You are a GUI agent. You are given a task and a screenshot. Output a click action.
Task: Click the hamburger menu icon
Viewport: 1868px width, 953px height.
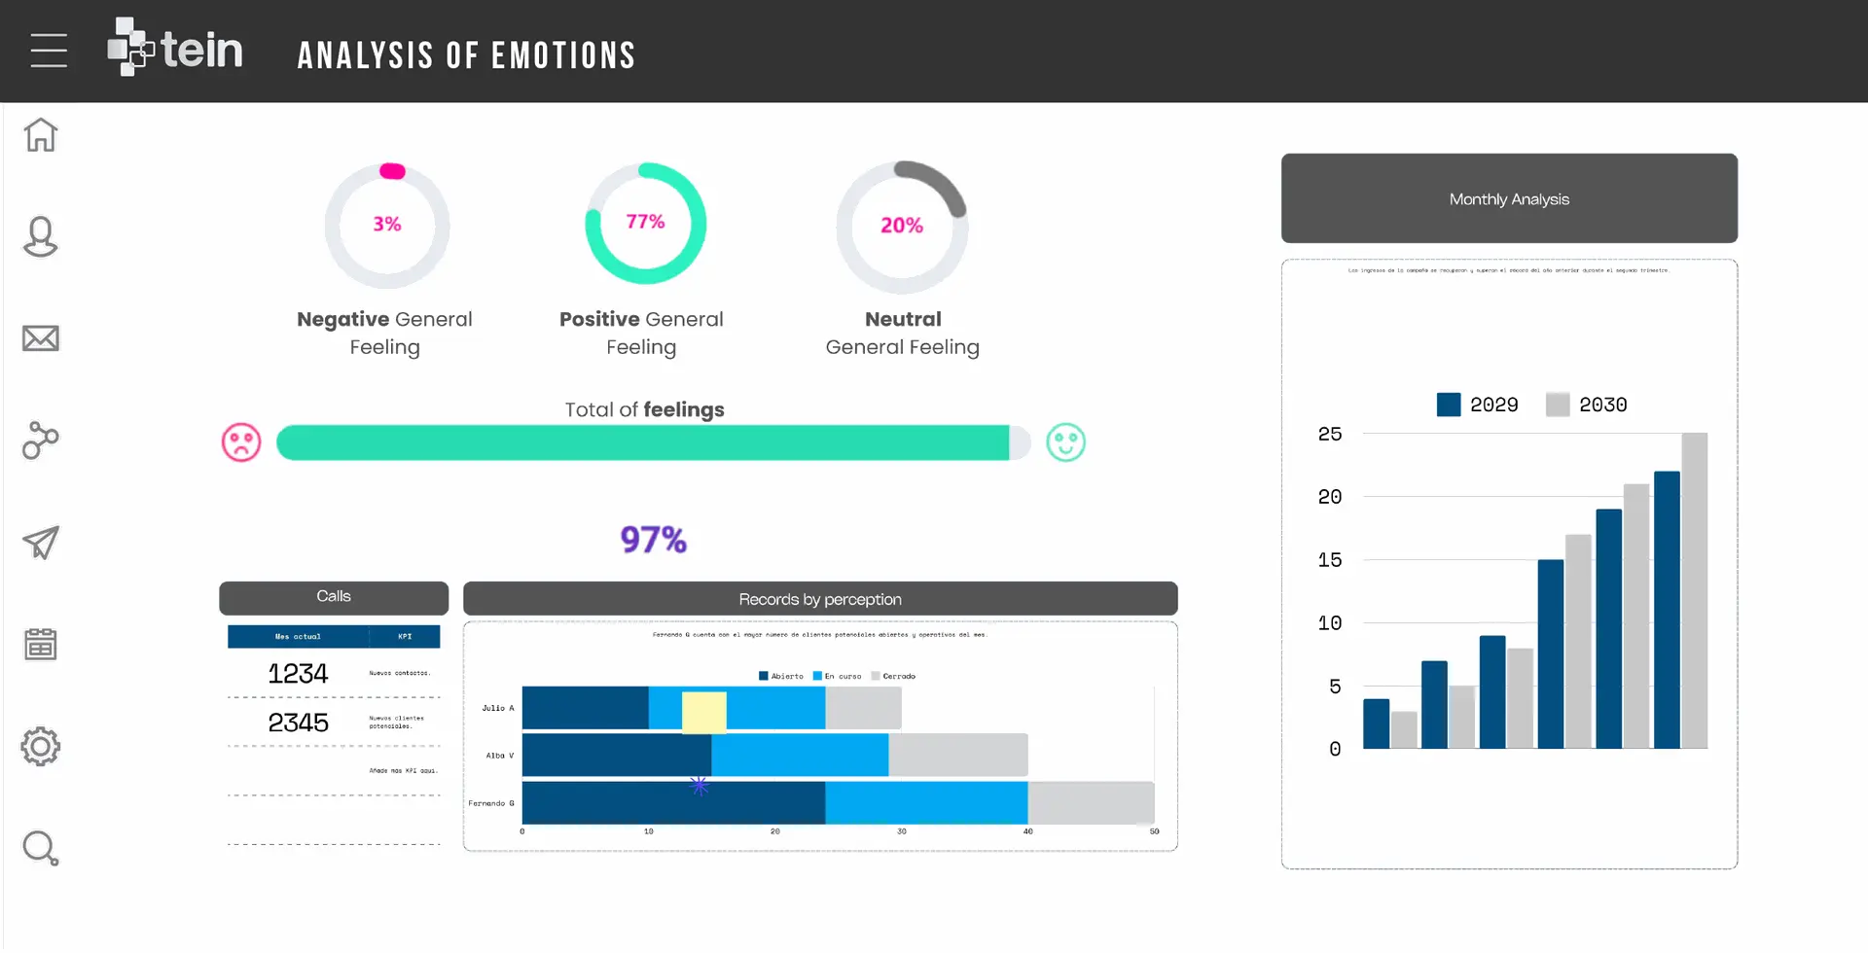(x=49, y=51)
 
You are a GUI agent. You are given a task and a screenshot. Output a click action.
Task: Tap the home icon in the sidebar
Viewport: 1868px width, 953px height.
(x=41, y=135)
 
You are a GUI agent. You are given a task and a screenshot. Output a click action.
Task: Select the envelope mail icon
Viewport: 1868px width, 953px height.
(x=41, y=338)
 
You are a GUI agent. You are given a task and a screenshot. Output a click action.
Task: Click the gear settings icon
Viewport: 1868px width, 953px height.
(x=41, y=747)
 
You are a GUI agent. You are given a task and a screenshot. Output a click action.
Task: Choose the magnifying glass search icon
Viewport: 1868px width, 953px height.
(x=41, y=848)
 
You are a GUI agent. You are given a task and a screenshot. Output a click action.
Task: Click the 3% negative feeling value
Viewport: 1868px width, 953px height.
(x=387, y=224)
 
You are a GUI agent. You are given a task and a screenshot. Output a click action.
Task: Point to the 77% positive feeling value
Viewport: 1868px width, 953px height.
(x=645, y=222)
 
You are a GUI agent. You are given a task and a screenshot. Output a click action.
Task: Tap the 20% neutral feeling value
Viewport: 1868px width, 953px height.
(x=902, y=226)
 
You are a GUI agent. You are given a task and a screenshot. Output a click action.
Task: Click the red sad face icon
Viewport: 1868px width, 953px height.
(x=241, y=442)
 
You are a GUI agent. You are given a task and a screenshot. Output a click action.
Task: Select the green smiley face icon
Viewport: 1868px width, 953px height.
(x=1065, y=442)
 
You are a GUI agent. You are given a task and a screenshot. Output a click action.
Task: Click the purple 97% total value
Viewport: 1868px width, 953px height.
(x=654, y=540)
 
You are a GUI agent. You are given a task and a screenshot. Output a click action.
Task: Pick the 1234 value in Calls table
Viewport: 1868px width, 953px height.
(x=298, y=674)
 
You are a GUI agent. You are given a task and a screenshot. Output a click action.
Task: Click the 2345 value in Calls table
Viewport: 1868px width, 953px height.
(x=298, y=723)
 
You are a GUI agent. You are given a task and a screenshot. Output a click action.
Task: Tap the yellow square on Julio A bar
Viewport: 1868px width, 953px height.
(x=703, y=712)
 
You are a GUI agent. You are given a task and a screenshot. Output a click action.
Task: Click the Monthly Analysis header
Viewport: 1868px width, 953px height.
(x=1509, y=198)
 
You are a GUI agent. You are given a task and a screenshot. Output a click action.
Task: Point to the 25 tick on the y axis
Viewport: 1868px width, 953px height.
(x=1330, y=434)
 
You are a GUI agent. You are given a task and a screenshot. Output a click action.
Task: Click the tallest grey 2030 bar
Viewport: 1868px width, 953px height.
(x=1694, y=590)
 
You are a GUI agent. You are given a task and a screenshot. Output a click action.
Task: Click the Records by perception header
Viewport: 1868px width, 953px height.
(x=820, y=599)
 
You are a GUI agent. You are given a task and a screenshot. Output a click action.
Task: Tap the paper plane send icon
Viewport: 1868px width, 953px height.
(x=41, y=543)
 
